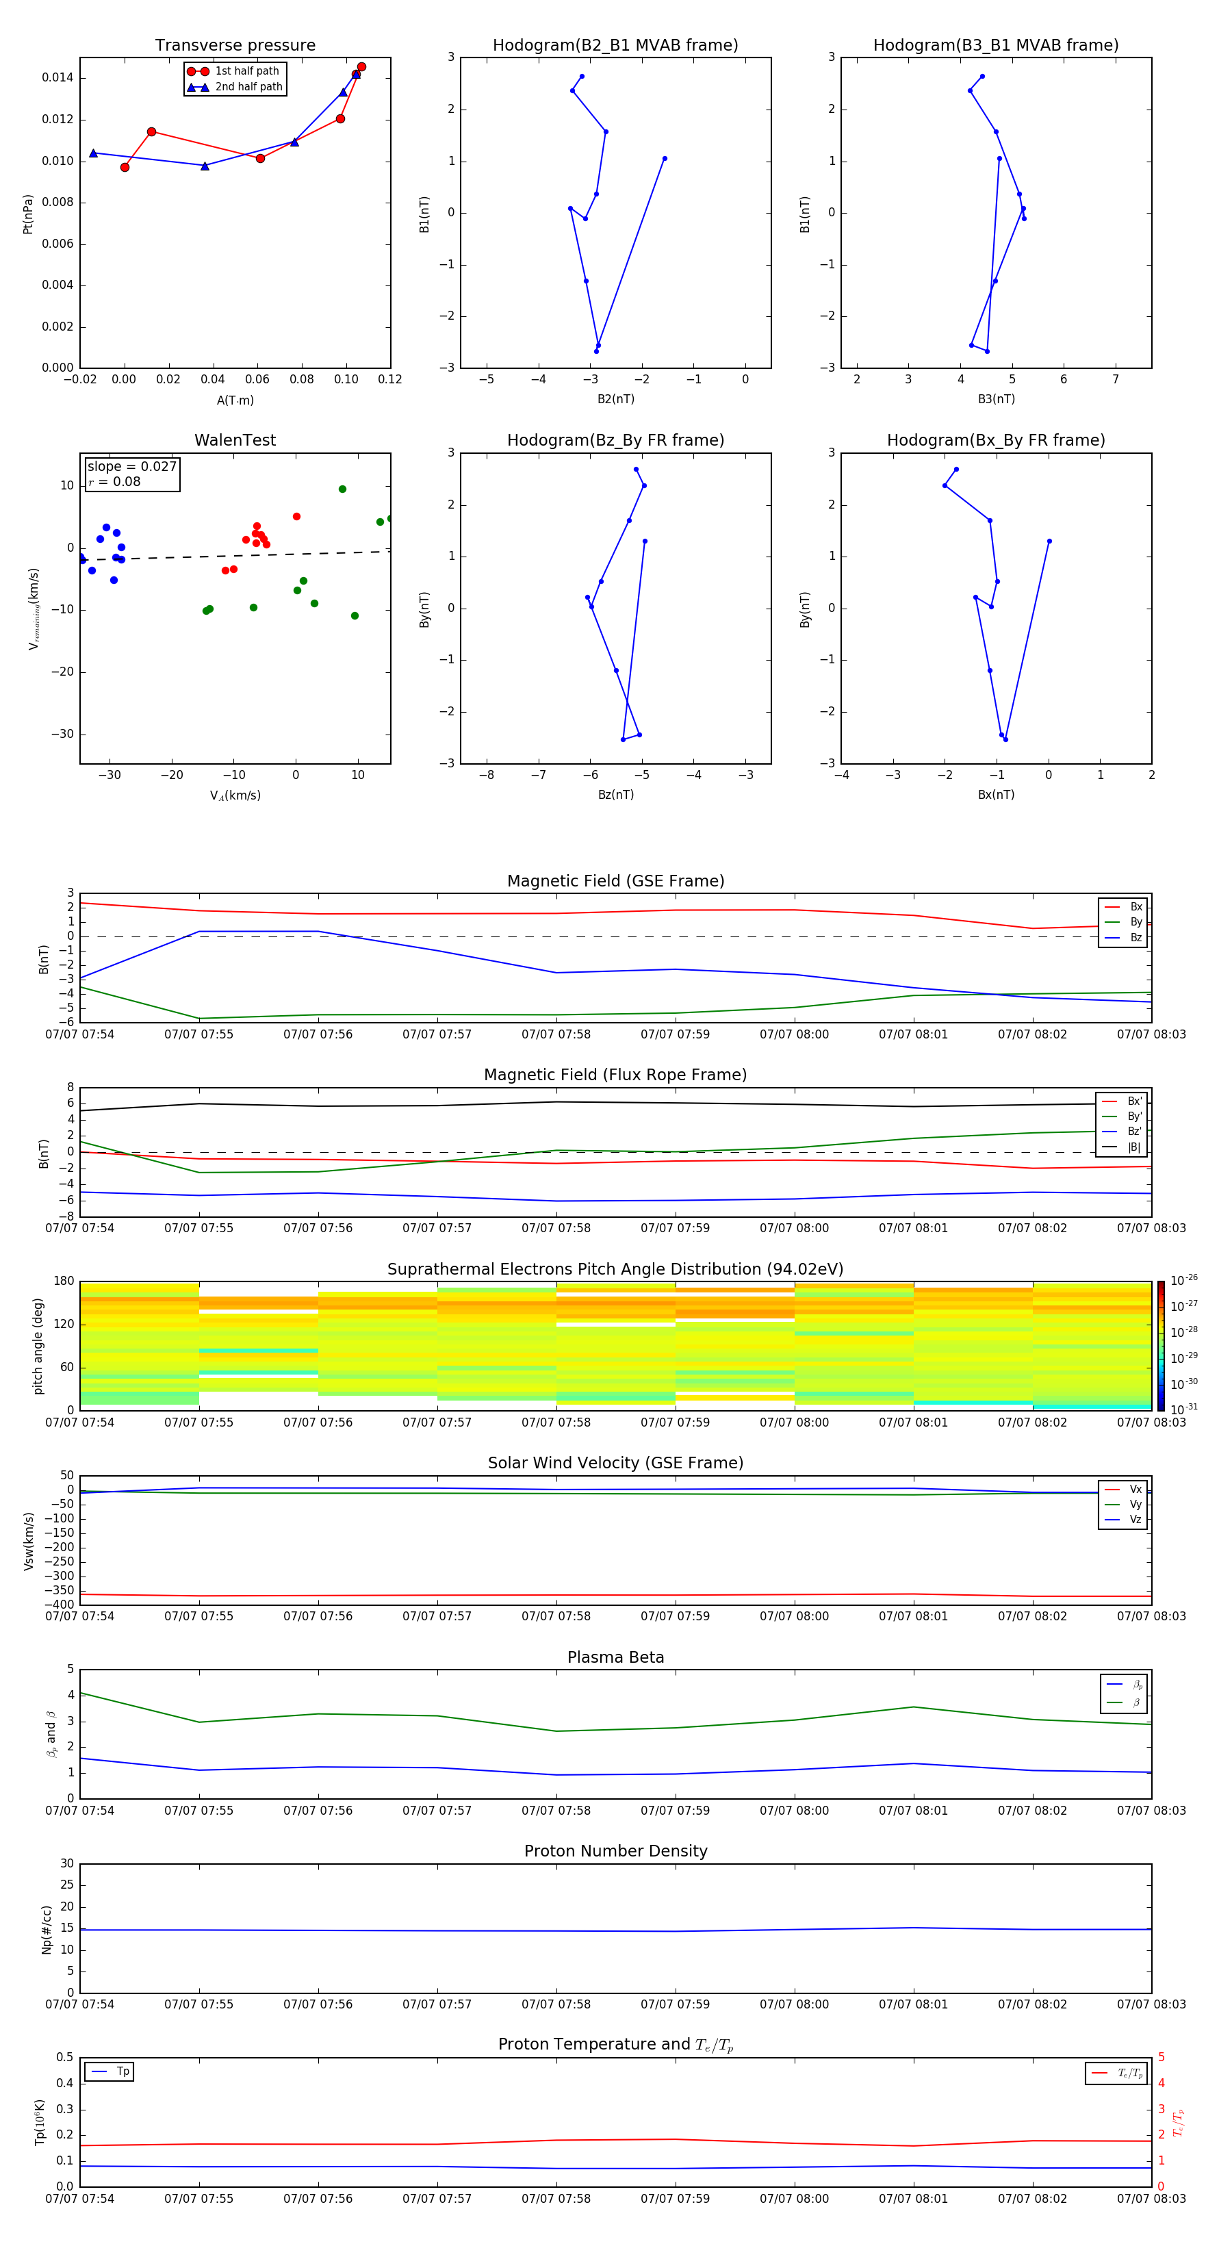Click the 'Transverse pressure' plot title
pyautogui.click(x=235, y=46)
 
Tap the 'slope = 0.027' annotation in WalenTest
pyautogui.click(x=131, y=467)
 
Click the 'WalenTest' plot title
pyautogui.click(x=235, y=440)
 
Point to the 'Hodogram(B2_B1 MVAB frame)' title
pyautogui.click(x=615, y=46)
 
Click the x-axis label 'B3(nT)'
pyautogui.click(x=996, y=399)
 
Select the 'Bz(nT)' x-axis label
pyautogui.click(x=615, y=795)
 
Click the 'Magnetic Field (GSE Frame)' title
pyautogui.click(x=615, y=881)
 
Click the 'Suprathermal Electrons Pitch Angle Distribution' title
pyautogui.click(x=615, y=1269)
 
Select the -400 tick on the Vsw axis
pyautogui.click(x=60, y=1605)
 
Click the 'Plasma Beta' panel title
pyautogui.click(x=615, y=1657)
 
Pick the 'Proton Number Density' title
pyautogui.click(x=615, y=1851)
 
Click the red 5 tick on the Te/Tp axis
pyautogui.click(x=1162, y=2057)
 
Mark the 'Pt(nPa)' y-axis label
pyautogui.click(x=28, y=214)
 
